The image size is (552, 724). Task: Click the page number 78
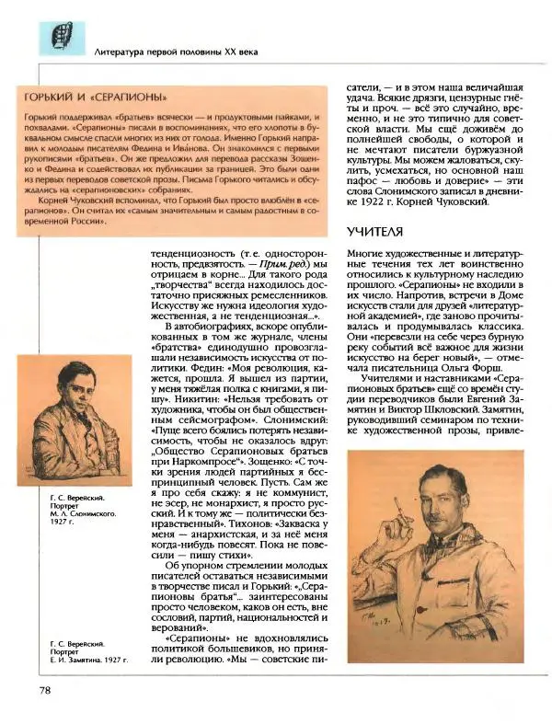pos(44,689)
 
